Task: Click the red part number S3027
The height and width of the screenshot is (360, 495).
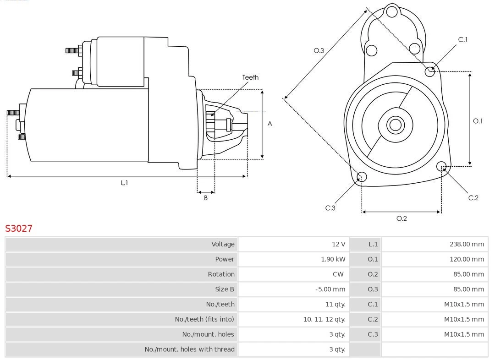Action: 19,228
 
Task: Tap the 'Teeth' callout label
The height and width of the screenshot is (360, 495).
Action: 250,77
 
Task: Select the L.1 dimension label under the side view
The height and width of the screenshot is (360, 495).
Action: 124,183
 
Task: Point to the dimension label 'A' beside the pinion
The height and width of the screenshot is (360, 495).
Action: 269,124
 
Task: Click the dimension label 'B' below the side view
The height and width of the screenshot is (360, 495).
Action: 206,198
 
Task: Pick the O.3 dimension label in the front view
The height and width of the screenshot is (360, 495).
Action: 319,50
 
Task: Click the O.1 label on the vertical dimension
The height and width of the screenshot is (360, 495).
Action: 478,121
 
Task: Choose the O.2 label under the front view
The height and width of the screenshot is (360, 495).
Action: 401,218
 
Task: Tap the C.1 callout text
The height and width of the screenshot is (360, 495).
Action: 463,39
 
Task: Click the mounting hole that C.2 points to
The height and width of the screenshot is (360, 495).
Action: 441,166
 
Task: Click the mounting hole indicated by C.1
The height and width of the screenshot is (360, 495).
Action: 430,71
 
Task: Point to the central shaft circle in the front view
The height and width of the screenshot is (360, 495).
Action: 395,125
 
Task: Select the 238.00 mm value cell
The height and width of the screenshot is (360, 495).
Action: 467,244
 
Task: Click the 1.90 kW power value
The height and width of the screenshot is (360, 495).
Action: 333,259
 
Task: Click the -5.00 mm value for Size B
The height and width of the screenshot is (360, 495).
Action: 330,289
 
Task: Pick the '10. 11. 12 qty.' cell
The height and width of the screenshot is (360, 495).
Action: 324,319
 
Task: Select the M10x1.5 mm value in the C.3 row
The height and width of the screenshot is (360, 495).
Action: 464,334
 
